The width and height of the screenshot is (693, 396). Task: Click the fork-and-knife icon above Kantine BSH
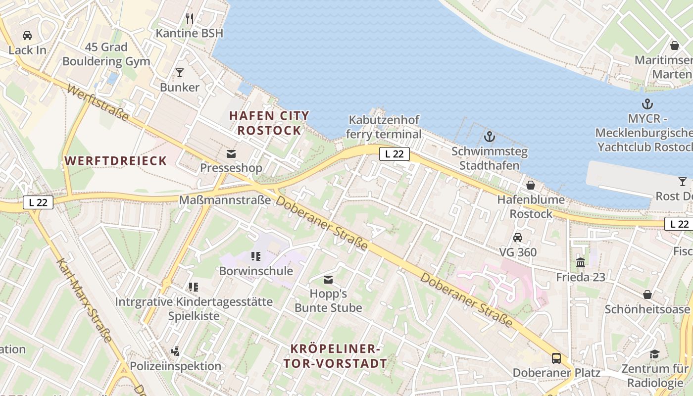coord(190,19)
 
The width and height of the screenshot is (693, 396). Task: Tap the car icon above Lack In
coord(27,36)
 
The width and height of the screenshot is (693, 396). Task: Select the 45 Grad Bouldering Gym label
coord(106,54)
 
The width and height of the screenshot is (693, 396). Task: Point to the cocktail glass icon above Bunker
coord(180,73)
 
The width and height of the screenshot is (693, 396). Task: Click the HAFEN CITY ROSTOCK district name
coord(269,123)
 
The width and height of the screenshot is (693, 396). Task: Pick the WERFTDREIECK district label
coord(116,161)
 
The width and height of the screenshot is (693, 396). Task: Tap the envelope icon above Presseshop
coord(231,153)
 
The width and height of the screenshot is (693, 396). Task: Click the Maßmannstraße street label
coord(225,200)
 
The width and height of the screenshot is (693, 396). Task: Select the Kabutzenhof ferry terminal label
coord(384,127)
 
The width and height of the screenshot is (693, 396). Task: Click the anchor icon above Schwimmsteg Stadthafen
coord(489,137)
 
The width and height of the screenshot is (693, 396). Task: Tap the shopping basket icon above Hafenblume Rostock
coord(531,185)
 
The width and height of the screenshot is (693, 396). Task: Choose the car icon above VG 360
coord(518,238)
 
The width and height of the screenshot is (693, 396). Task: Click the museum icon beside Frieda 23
coord(581,262)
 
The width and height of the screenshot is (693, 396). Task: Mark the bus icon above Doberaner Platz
coord(556,358)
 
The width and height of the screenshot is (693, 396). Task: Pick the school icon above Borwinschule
coord(256,256)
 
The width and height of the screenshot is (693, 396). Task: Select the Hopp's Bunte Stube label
coord(328,300)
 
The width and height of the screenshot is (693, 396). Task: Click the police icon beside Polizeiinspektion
coord(175,351)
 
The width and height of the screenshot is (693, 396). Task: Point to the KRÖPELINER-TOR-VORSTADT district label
coord(335,356)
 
